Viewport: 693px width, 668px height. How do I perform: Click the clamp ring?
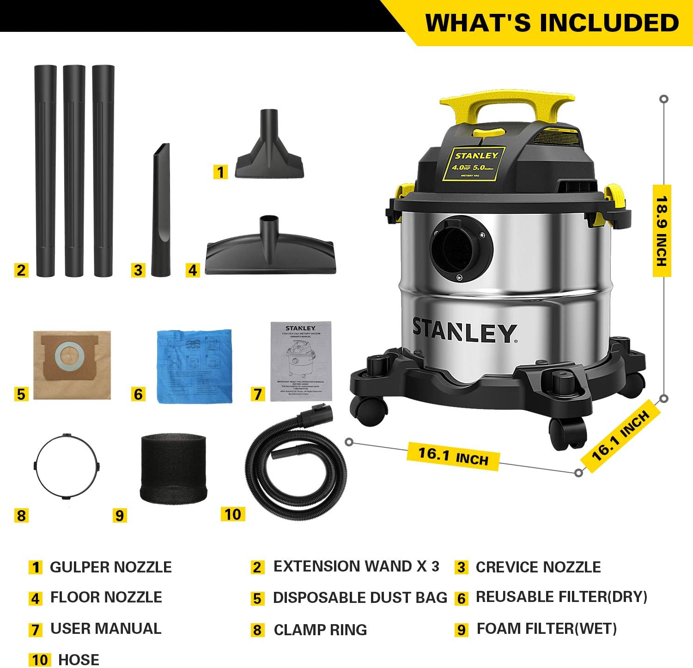(x=67, y=466)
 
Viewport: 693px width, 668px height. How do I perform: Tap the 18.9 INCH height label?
(x=662, y=231)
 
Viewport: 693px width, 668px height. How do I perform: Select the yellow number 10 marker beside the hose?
(x=233, y=514)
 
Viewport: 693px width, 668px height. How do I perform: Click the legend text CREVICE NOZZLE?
(x=538, y=567)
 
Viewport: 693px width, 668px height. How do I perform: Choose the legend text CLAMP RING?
(x=320, y=630)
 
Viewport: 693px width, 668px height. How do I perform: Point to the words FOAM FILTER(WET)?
(x=547, y=628)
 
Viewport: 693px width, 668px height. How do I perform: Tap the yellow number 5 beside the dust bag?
(x=21, y=394)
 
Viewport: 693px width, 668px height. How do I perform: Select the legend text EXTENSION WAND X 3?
(x=356, y=566)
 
